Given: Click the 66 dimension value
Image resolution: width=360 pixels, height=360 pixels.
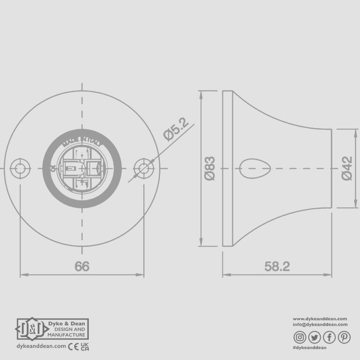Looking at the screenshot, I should [82, 266].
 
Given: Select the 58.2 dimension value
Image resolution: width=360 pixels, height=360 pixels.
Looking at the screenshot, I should [277, 266].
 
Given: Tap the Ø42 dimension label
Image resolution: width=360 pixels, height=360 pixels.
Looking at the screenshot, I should [347, 168].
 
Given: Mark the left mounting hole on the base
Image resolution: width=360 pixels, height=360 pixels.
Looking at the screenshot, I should [20, 168].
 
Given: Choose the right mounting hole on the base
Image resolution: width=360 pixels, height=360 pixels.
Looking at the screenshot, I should [144, 168].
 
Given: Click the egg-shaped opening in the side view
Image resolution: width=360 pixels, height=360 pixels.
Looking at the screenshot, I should [255, 168].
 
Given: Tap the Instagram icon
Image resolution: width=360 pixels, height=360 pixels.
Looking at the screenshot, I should [300, 338].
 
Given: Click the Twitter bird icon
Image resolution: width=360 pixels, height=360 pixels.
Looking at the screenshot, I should [314, 338].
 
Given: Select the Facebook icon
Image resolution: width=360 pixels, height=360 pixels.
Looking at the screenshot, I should [329, 338].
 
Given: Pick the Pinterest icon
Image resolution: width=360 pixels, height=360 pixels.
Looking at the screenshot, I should [344, 338].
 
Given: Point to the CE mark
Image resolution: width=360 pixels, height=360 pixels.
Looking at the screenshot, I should [73, 346].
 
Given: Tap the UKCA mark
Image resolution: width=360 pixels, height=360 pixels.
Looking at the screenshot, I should [85, 346].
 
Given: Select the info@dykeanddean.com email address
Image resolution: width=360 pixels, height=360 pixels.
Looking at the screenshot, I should [320, 324].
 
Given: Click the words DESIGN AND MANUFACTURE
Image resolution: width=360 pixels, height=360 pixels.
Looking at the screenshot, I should [66, 332].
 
